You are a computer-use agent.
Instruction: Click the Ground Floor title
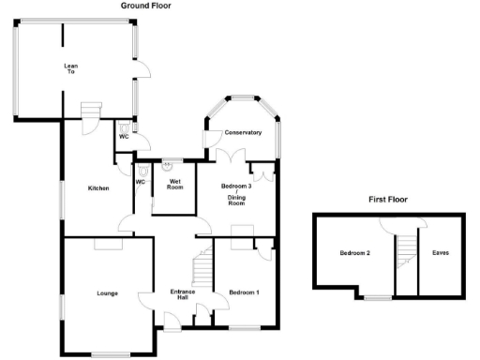[145, 6]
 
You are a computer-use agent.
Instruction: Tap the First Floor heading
[387, 201]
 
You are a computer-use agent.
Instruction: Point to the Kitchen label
[98, 188]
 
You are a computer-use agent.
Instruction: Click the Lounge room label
[106, 293]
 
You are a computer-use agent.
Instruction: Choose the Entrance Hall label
[183, 296]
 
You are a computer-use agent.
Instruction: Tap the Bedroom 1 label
[244, 293]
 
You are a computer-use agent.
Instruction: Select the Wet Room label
[174, 183]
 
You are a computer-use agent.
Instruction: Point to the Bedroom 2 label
[354, 253]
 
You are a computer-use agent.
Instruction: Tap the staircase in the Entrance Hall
[200, 271]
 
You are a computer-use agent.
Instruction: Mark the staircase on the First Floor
[405, 250]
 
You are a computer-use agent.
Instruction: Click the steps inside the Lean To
[90, 114]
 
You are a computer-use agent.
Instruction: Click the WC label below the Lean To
[123, 137]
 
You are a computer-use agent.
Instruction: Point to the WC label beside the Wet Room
[141, 182]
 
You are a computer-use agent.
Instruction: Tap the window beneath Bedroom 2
[377, 298]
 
